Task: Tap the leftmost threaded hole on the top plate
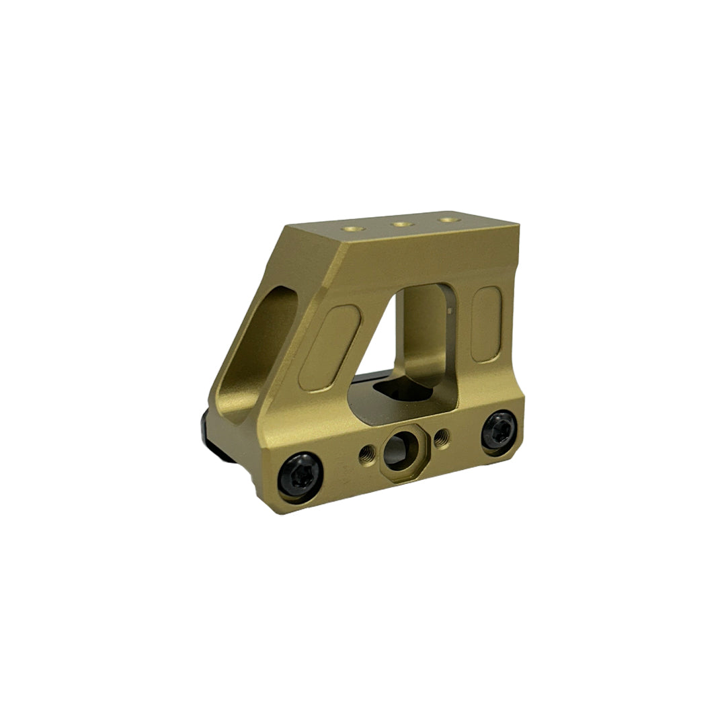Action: [x=354, y=229]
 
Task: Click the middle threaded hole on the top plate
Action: [x=402, y=224]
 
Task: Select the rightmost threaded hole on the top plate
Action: [x=446, y=219]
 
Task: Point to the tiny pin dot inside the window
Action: [x=447, y=311]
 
